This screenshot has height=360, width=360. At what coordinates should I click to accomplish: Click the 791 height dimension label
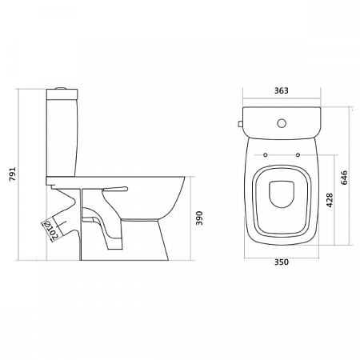click(13, 174)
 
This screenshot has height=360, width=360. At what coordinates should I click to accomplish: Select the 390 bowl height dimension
click(199, 218)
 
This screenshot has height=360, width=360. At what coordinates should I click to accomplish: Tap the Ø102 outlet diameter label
click(51, 230)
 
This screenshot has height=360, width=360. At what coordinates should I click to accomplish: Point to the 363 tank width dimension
click(282, 90)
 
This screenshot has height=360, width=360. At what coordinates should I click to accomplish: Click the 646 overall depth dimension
click(344, 178)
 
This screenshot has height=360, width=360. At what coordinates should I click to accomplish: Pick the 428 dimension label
click(330, 200)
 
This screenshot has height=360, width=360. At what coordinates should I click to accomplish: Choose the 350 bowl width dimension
click(282, 262)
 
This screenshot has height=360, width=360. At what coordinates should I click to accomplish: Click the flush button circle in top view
click(282, 123)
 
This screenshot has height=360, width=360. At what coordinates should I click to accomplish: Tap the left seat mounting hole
click(266, 155)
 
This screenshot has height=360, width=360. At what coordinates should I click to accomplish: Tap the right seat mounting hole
click(298, 155)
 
